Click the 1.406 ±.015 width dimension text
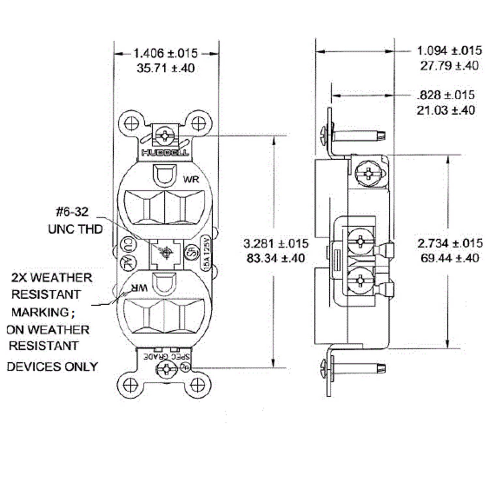pyautogui.click(x=165, y=53)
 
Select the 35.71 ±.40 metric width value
pyautogui.click(x=165, y=68)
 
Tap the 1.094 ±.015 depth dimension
pyautogui.click(x=449, y=51)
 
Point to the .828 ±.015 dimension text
pyautogui.click(x=446, y=95)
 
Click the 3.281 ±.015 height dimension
pyautogui.click(x=276, y=244)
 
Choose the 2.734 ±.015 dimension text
pyautogui.click(x=450, y=243)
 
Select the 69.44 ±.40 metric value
pyautogui.click(x=450, y=258)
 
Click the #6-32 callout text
pyautogui.click(x=72, y=212)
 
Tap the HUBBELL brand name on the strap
pyautogui.click(x=165, y=153)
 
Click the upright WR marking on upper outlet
pyautogui.click(x=191, y=179)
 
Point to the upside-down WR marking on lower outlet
pyautogui.click(x=138, y=288)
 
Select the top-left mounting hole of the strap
pyautogui.click(x=131, y=123)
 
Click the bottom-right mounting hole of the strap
pyautogui.click(x=198, y=384)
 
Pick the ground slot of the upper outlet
pyautogui.click(x=165, y=174)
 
